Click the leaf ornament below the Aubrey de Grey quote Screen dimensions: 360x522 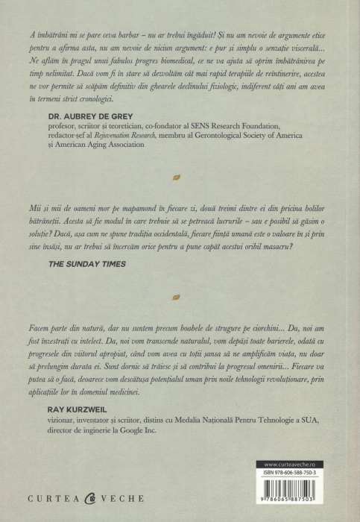[x=175, y=177]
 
